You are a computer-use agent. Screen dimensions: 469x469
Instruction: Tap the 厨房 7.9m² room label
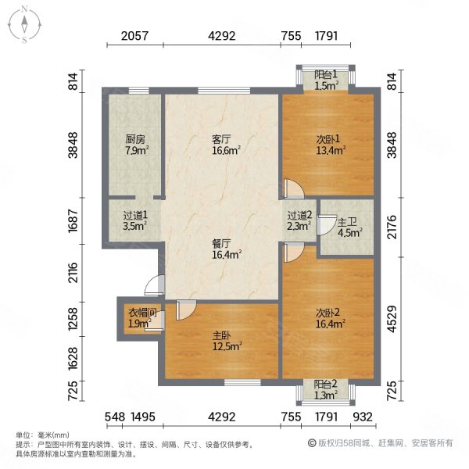click(136, 145)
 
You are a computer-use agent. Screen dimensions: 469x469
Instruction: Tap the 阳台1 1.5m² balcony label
click(325, 80)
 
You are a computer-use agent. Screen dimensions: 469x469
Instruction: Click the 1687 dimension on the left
click(73, 223)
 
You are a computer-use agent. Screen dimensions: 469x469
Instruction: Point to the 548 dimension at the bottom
click(115, 416)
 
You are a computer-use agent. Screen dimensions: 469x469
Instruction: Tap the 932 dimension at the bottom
click(361, 416)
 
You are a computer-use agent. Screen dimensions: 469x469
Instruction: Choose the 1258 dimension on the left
click(73, 317)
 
